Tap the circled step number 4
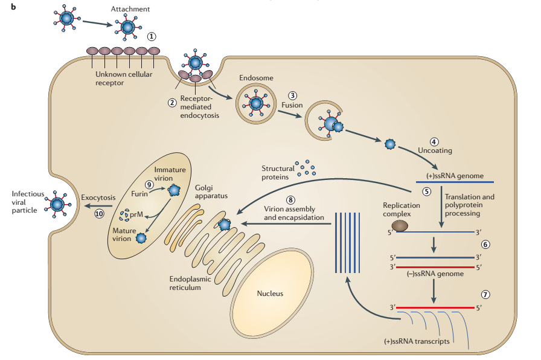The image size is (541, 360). pyautogui.click(x=434, y=141)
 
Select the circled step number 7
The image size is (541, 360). pyautogui.click(x=485, y=294)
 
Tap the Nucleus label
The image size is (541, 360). pyautogui.click(x=270, y=294)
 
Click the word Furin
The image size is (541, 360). pyautogui.click(x=140, y=194)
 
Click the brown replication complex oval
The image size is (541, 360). pyautogui.click(x=399, y=226)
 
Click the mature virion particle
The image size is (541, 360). pyautogui.click(x=141, y=237)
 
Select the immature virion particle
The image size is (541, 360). pyautogui.click(x=174, y=190)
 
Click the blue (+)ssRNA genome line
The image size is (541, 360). pyautogui.click(x=456, y=182)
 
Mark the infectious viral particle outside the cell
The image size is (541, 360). pyautogui.click(x=58, y=204)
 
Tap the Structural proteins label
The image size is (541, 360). pyautogui.click(x=278, y=173)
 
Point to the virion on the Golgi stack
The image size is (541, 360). pyautogui.click(x=225, y=225)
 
